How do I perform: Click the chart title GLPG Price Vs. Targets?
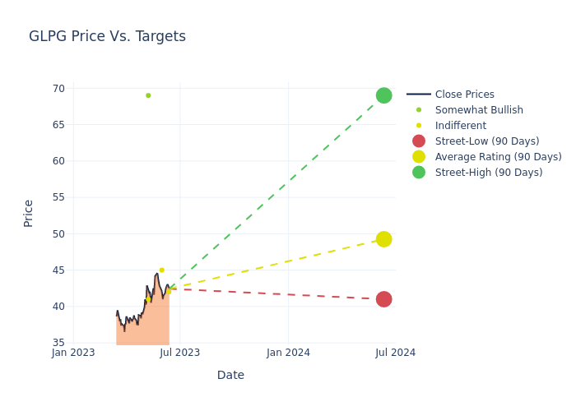(x=107, y=36)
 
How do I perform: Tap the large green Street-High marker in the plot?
(x=383, y=95)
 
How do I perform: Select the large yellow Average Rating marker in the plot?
(x=383, y=239)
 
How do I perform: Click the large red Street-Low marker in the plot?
(x=383, y=299)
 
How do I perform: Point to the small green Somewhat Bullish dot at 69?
(x=148, y=95)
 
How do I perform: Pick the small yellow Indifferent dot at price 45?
(x=161, y=270)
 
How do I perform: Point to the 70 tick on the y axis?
(x=58, y=89)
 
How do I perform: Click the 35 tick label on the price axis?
(x=58, y=343)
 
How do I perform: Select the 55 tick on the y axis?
(x=58, y=197)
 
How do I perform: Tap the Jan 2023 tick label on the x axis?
(x=73, y=353)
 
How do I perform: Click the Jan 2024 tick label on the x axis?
(x=288, y=353)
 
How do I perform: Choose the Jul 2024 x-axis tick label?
(x=395, y=353)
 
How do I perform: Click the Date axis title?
(x=230, y=376)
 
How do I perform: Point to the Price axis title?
(x=29, y=213)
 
